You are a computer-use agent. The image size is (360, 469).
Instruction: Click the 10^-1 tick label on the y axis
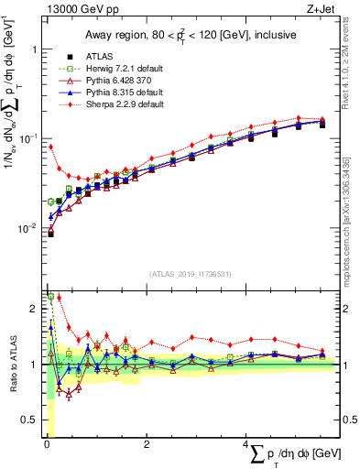click(x=28, y=138)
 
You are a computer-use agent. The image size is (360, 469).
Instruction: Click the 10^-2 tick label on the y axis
click(x=28, y=228)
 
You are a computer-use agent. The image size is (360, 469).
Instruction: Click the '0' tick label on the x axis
click(x=46, y=446)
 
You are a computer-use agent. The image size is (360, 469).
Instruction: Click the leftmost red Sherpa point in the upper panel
click(x=50, y=147)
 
